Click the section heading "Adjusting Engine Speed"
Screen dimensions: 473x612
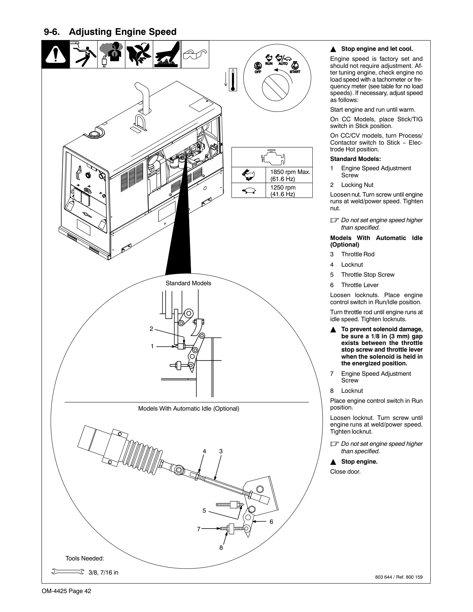pyautogui.click(x=122, y=32)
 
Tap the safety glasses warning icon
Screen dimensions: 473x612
pyautogui.click(x=195, y=55)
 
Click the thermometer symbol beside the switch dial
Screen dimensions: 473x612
pyautogui.click(x=233, y=80)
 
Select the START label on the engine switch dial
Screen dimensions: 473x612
pyautogui.click(x=295, y=72)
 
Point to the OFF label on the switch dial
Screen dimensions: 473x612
pyautogui.click(x=258, y=72)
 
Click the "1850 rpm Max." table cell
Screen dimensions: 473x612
pyautogui.click(x=290, y=175)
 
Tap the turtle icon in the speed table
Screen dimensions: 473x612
pyautogui.click(x=248, y=191)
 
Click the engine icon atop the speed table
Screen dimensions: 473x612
pyautogui.click(x=273, y=157)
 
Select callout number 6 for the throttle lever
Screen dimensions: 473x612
pyautogui.click(x=271, y=521)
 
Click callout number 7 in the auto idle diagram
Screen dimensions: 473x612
pyautogui.click(x=198, y=529)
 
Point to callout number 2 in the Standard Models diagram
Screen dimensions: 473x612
pyautogui.click(x=151, y=329)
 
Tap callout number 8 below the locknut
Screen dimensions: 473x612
pyautogui.click(x=221, y=547)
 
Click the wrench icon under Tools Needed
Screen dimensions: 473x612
pyautogui.click(x=68, y=572)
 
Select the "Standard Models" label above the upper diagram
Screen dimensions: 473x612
pyautogui.click(x=188, y=283)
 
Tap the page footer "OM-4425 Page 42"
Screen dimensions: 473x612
pyautogui.click(x=66, y=591)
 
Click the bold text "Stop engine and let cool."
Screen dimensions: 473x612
pyautogui.click(x=377, y=49)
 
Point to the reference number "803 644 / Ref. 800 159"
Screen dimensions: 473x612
pyautogui.click(x=399, y=577)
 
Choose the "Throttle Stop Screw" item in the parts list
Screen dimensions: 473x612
pyautogui.click(x=368, y=274)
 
